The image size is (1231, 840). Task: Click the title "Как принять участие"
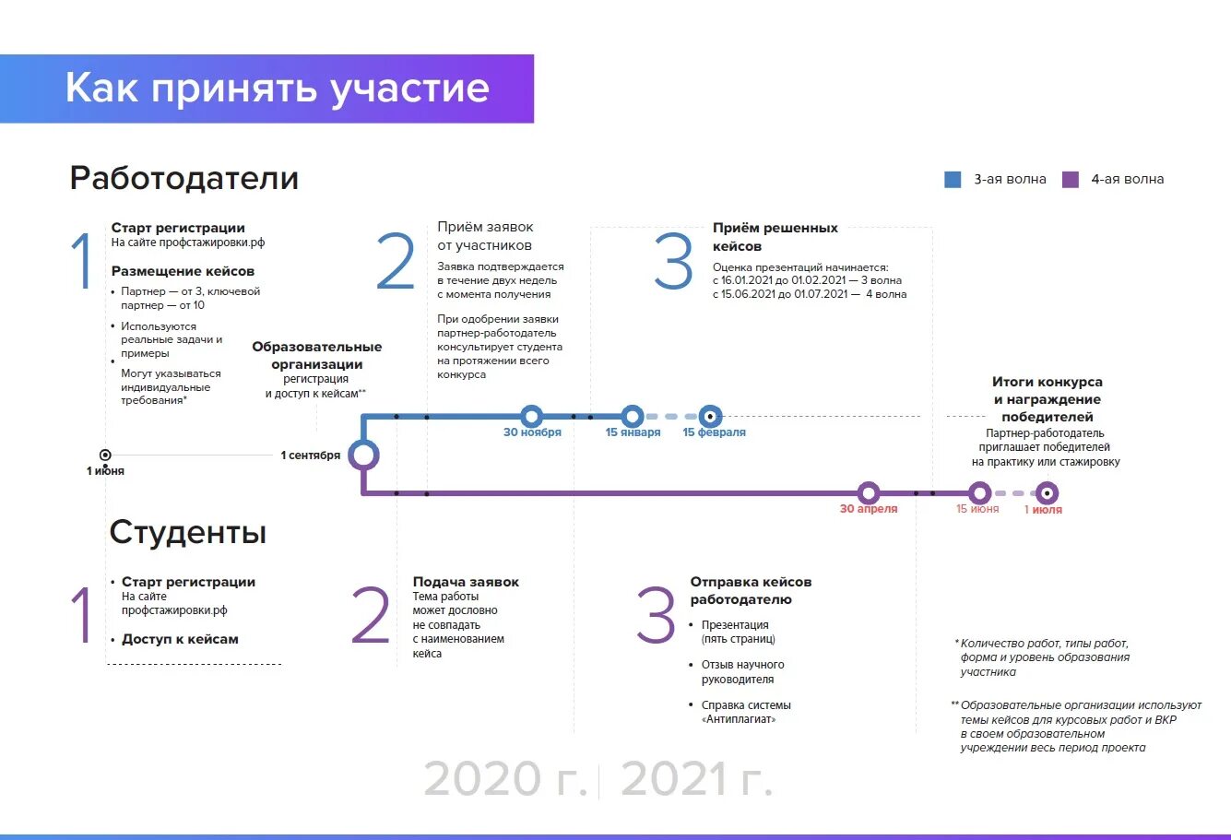pos(277,89)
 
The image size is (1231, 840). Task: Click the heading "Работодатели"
pos(184,178)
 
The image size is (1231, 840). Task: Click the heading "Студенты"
pos(188,532)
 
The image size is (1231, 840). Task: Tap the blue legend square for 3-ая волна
pos(953,180)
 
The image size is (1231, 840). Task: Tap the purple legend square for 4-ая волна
pos(1071,180)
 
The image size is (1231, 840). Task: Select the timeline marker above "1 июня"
pos(105,455)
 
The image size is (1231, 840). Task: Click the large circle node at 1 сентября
pos(363,455)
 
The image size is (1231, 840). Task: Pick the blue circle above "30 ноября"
pos(531,416)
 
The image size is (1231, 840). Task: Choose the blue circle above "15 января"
pos(632,416)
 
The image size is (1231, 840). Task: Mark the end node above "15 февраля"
pos(710,416)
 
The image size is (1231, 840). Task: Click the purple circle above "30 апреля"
pos(868,493)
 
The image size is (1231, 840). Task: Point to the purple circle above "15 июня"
pos(979,493)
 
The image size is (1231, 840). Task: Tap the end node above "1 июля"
pos(1046,493)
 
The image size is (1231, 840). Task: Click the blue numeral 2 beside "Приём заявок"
pos(396,262)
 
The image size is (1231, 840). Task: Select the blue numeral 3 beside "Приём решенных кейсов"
pos(673,262)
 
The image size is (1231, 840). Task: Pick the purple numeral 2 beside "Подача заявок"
pos(371,616)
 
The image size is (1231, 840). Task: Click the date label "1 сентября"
pos(311,455)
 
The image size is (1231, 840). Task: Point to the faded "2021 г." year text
pos(696,779)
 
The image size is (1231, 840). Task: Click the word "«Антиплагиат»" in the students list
pos(739,719)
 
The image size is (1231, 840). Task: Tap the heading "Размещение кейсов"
pos(183,271)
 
